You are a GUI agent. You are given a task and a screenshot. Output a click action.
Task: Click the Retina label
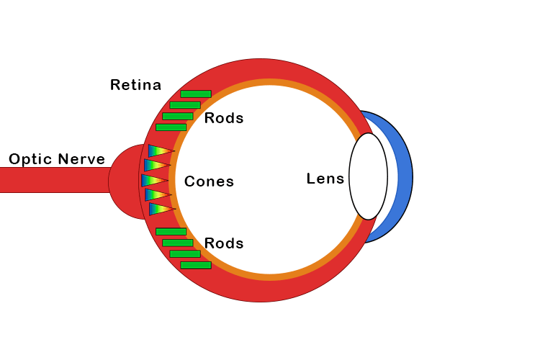135,85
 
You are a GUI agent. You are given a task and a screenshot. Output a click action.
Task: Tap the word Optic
30,159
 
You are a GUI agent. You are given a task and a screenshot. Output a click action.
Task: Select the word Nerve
82,159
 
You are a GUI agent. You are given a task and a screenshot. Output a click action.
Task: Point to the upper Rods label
224,118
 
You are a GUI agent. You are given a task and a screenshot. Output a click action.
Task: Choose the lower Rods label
224,243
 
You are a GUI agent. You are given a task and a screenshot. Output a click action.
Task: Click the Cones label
209,181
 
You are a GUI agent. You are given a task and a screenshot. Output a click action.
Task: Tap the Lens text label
325,179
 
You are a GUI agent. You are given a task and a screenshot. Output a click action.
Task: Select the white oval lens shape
368,176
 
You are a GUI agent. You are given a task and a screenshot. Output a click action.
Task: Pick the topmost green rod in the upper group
196,94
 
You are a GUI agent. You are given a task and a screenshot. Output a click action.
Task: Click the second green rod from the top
185,105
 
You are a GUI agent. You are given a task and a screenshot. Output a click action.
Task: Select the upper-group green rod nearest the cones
171,127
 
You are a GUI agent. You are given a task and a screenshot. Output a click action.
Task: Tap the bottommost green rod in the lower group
196,265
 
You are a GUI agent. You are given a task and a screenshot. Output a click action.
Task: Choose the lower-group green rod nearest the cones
171,231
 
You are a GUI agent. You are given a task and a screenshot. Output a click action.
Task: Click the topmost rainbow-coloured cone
159,150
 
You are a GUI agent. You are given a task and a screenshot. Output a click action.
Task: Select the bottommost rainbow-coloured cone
160,209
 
